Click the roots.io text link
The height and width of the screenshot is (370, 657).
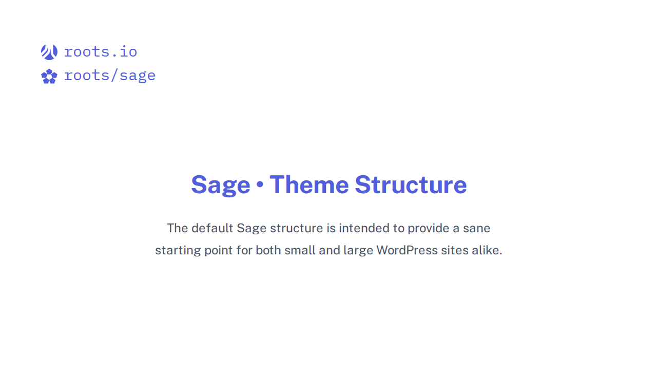pos(101,52)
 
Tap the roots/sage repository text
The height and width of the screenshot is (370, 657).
pos(109,76)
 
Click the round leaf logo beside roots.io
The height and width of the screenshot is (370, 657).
pos(49,52)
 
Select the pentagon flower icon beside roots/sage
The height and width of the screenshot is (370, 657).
pos(49,77)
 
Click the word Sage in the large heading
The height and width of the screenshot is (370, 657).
pos(220,185)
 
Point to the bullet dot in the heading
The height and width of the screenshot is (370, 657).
pos(260,184)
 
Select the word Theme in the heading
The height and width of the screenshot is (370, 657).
pos(309,184)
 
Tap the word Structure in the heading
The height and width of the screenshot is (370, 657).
pos(411,184)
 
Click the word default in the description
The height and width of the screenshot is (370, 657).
pos(212,228)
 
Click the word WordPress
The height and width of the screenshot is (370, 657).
pos(407,250)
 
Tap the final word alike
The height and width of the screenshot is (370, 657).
pos(487,250)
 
